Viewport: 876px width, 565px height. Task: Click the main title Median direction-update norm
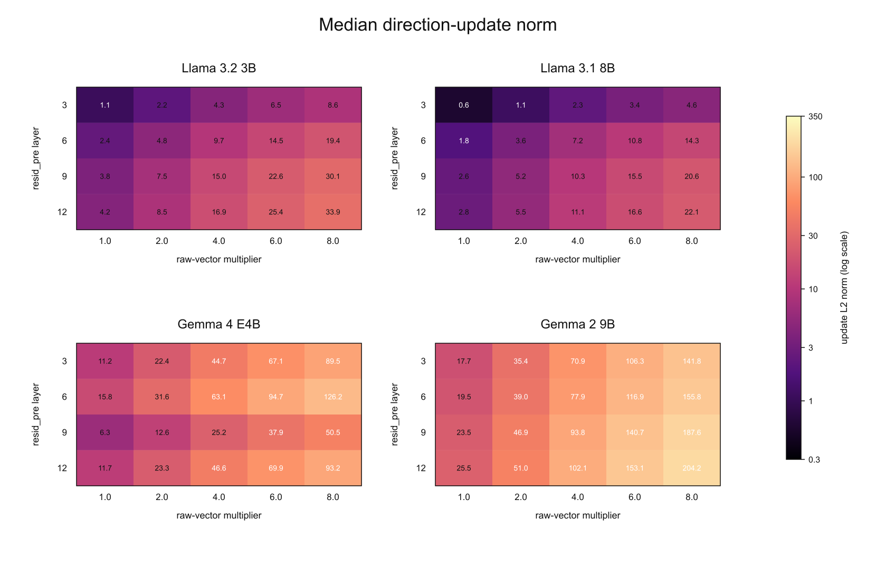pyautogui.click(x=437, y=25)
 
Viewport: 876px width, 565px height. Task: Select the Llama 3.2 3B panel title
pyautogui.click(x=218, y=68)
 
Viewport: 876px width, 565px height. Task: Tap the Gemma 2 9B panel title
pyautogui.click(x=578, y=324)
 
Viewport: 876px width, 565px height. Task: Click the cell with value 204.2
pyautogui.click(x=691, y=468)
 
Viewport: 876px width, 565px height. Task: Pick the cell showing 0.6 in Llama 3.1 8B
pyautogui.click(x=464, y=105)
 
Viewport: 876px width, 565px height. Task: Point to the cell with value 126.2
pyautogui.click(x=333, y=397)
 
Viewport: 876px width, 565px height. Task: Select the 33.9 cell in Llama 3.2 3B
pyautogui.click(x=333, y=212)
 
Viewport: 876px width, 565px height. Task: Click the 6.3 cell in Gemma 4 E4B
pyautogui.click(x=105, y=432)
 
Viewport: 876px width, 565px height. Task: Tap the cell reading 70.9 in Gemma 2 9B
pyautogui.click(x=578, y=361)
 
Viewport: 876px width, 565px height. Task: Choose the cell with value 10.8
pyautogui.click(x=635, y=140)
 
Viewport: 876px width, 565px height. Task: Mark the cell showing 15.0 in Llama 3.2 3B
pyautogui.click(x=218, y=176)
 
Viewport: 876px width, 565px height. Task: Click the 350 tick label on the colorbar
pyautogui.click(x=815, y=117)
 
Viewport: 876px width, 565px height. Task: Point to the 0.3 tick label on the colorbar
pyautogui.click(x=814, y=460)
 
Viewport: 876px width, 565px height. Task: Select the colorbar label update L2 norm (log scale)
pyautogui.click(x=844, y=288)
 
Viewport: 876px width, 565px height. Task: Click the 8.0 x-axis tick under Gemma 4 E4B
pyautogui.click(x=333, y=497)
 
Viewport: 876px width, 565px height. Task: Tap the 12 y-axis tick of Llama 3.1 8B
pyautogui.click(x=421, y=212)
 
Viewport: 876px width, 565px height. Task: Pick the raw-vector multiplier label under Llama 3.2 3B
pyautogui.click(x=218, y=259)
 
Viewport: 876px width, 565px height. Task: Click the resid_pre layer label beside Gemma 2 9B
pyautogui.click(x=394, y=415)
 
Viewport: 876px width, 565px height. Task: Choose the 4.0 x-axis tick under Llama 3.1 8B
pyautogui.click(x=578, y=241)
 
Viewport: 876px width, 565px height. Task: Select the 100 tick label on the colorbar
pyautogui.click(x=815, y=177)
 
